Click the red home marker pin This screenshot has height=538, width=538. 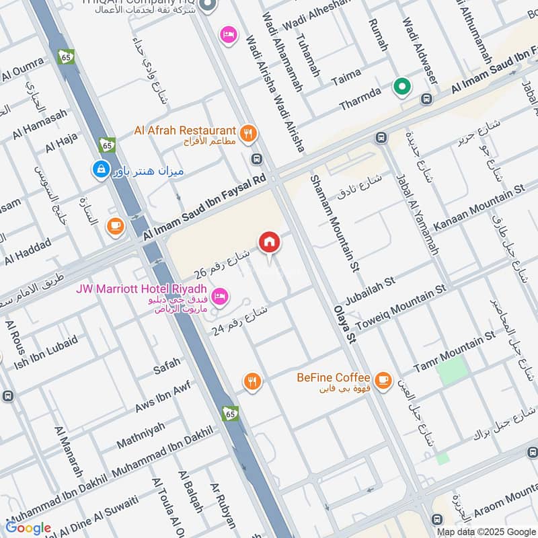point(269,242)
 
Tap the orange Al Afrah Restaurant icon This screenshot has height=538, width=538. point(248,133)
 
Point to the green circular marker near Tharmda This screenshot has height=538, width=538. point(402,87)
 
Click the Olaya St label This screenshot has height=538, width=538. point(342,325)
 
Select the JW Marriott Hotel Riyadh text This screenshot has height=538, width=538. point(142,290)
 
